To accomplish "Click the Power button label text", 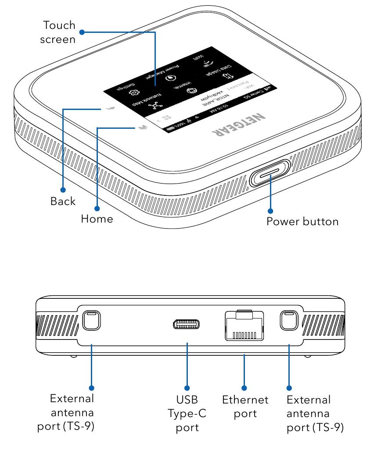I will (x=302, y=221).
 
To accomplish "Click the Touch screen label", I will (x=58, y=32).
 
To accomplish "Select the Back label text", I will (x=63, y=201).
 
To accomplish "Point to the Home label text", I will (x=97, y=218).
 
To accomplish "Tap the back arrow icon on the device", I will (x=112, y=108).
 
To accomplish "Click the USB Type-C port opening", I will (x=187, y=325).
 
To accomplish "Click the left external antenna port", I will (x=91, y=321).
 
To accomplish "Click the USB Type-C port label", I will (x=187, y=413).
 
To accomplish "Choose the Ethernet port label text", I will (x=245, y=407).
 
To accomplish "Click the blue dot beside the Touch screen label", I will (x=82, y=32).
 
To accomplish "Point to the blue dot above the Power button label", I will (x=270, y=211).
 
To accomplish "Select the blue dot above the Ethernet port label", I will (x=245, y=388).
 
